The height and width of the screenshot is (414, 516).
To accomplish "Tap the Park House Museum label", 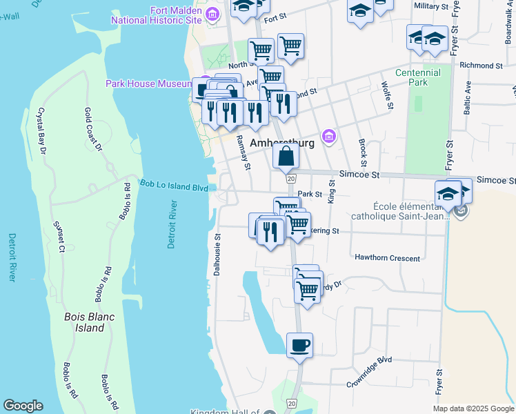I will [148, 83].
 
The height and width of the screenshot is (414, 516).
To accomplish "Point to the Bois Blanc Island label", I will [84, 322].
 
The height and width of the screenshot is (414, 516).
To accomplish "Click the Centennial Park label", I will [417, 77].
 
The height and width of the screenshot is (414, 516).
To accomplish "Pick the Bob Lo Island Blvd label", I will [174, 186].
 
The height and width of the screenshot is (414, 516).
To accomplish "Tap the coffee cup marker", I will [299, 345].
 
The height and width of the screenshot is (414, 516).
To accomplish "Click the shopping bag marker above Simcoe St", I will [286, 156].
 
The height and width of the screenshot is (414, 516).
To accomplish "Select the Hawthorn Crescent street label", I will [387, 258].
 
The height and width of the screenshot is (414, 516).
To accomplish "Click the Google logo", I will [23, 406].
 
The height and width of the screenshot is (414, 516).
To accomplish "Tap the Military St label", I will [432, 6].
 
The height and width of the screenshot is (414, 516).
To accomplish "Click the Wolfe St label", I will [388, 95].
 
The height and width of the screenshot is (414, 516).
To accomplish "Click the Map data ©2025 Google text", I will [473, 408].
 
